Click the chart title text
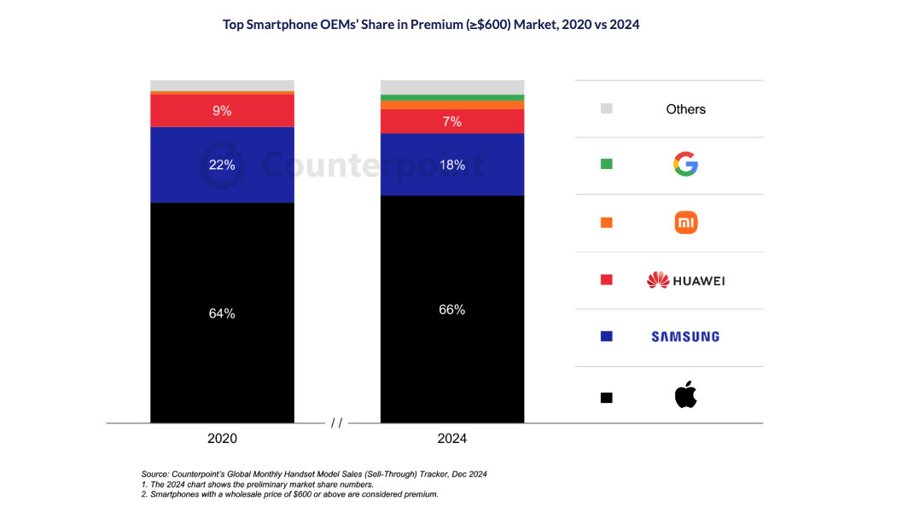click(431, 25)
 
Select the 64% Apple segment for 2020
click(222, 312)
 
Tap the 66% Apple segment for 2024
click(451, 309)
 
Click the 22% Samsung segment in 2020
click(222, 165)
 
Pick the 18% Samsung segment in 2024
click(451, 165)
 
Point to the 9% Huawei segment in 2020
click(222, 110)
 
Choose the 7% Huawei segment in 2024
click(451, 121)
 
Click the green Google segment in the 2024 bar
click(451, 97)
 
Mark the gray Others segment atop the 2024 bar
click(451, 87)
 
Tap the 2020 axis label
click(222, 439)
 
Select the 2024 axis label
click(451, 439)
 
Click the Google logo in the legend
click(685, 164)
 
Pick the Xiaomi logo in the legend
click(685, 223)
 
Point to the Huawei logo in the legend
click(685, 280)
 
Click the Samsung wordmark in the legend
click(685, 336)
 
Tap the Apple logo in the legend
click(685, 396)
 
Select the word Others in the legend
click(685, 109)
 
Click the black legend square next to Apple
click(606, 397)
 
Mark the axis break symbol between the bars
click(337, 423)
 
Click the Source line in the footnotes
click(313, 474)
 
